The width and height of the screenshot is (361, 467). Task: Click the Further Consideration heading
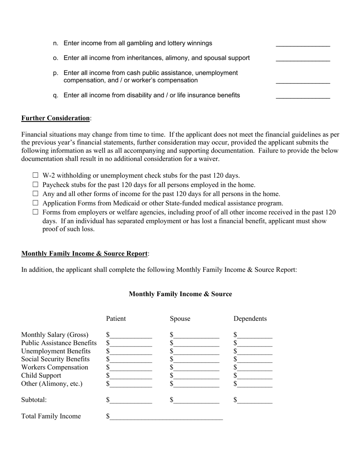click(x=55, y=118)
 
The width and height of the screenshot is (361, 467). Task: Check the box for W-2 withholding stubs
click(x=36, y=175)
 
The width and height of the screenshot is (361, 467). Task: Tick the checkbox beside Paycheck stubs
click(x=36, y=185)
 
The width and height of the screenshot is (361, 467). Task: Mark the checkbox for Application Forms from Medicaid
click(x=36, y=203)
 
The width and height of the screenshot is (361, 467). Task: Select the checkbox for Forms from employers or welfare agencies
click(x=36, y=212)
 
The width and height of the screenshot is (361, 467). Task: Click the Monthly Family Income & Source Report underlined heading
click(x=84, y=254)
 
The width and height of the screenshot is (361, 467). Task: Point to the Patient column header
click(x=116, y=319)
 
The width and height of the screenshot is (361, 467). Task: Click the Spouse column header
click(x=180, y=319)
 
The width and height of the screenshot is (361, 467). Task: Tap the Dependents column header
click(x=250, y=319)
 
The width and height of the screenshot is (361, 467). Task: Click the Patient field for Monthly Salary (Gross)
click(x=131, y=335)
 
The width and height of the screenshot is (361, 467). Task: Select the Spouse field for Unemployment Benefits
click(x=196, y=352)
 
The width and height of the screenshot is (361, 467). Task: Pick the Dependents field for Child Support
click(x=255, y=376)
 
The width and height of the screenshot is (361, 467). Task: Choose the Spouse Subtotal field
click(x=196, y=400)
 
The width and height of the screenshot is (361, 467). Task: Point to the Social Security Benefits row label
click(x=55, y=359)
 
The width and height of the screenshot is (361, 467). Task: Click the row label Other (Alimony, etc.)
click(x=52, y=384)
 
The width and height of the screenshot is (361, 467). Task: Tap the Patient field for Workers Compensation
click(x=131, y=368)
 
